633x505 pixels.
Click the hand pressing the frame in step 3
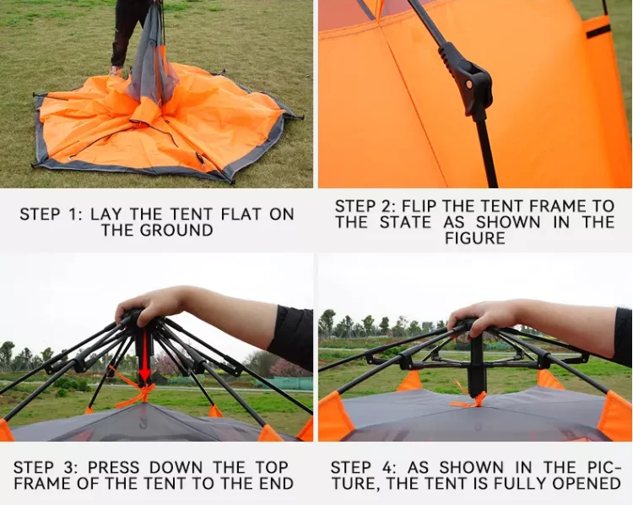point(160,303)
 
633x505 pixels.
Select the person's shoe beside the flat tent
point(116,72)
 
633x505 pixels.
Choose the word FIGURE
point(475,238)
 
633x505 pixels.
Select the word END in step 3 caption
point(274,484)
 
